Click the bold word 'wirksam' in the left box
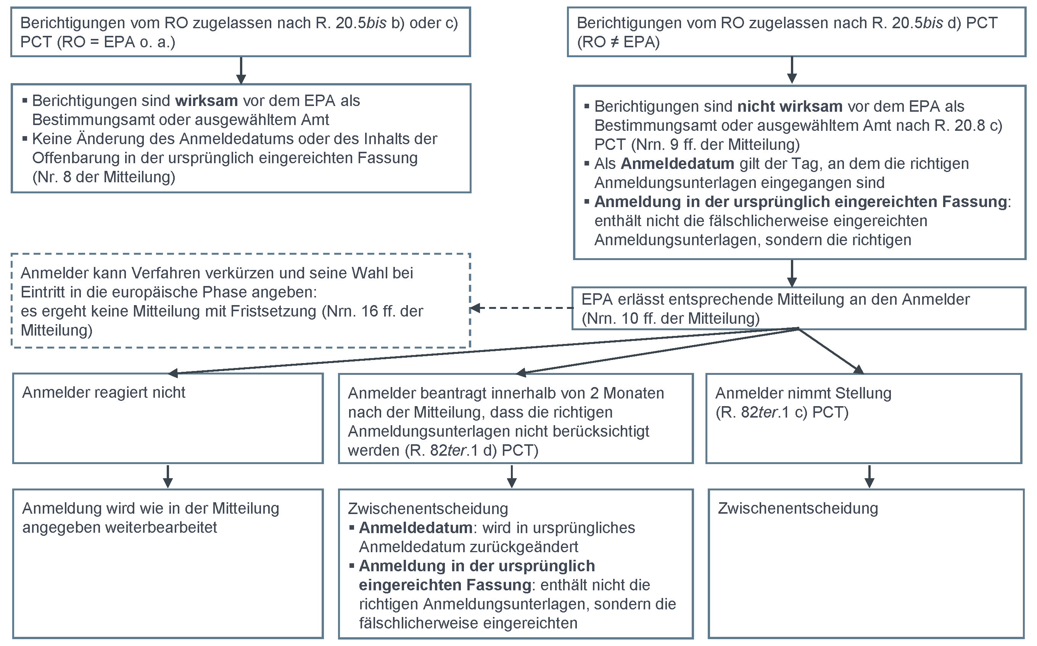pos(206,101)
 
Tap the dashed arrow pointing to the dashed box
pos(522,308)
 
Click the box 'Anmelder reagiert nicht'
pos(167,418)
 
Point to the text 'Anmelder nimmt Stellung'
pos(803,393)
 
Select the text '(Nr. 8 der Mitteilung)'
pos(104,177)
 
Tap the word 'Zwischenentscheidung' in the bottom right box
pos(798,508)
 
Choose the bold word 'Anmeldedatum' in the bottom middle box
pos(415,528)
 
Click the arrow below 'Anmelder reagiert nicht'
pos(168,476)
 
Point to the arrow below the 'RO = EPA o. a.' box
pos(241,71)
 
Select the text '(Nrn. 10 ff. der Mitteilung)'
pos(670,319)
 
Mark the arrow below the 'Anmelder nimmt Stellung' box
pos(869,476)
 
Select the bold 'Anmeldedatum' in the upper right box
pos(677,164)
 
